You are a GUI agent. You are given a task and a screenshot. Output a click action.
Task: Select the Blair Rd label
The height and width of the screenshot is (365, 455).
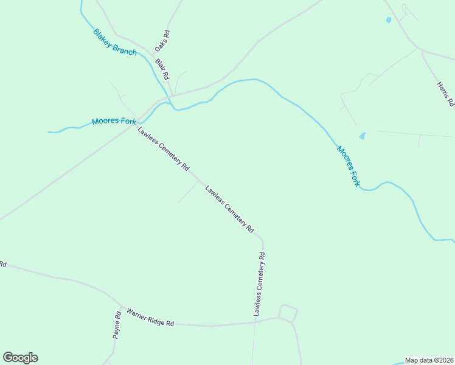point(161,69)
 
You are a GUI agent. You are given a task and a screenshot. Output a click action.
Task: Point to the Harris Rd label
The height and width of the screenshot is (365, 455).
point(445,94)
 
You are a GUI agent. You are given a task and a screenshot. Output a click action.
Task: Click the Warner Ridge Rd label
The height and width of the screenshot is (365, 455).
point(150,318)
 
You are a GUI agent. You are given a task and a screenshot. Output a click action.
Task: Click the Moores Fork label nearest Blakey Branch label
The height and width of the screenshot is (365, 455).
point(114,121)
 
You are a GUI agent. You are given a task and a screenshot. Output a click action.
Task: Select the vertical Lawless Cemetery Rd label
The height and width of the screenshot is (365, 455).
point(259,284)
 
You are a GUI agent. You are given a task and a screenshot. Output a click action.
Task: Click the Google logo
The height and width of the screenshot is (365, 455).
point(20,358)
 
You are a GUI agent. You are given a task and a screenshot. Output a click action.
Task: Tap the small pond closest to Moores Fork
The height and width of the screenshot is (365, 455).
point(363,136)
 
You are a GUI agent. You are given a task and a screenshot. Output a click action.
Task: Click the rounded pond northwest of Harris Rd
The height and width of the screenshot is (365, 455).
point(389,20)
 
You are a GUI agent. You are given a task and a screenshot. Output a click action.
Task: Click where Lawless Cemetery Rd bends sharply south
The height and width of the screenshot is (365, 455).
point(262,240)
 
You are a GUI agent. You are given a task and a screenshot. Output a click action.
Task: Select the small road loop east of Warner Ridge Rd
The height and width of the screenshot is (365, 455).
point(288,313)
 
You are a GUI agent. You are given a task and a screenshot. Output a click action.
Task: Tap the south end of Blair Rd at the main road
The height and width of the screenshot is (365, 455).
point(172,96)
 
